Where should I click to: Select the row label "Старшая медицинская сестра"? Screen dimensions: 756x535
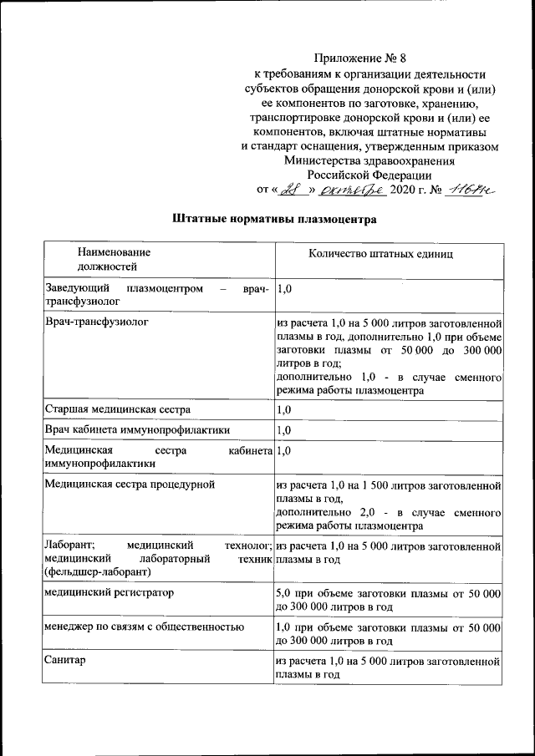[117, 409]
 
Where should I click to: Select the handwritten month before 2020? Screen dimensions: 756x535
[356, 190]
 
